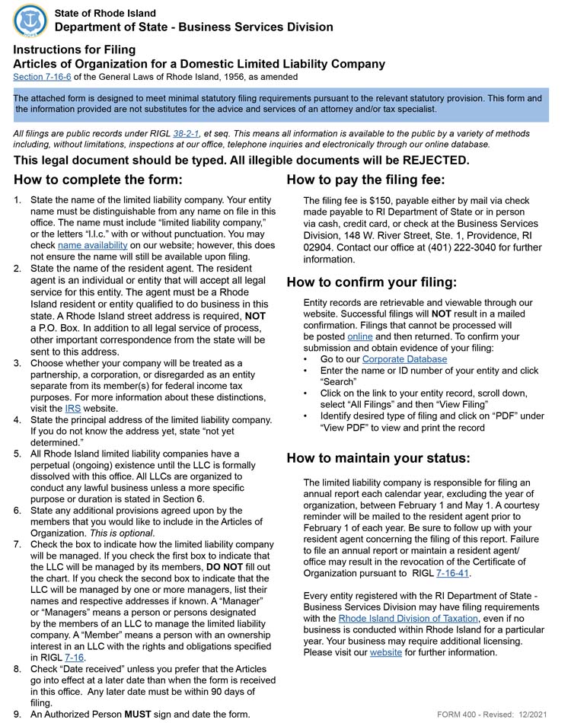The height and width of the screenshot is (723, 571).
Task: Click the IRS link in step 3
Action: point(73,409)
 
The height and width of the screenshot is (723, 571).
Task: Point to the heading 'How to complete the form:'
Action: point(98,180)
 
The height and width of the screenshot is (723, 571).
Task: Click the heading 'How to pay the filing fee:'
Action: point(365,180)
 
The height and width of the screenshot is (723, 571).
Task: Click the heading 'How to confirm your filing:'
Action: point(372,282)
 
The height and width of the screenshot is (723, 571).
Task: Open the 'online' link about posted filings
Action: point(360,336)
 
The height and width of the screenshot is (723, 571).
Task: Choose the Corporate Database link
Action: point(404,359)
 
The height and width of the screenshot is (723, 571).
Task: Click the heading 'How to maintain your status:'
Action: point(378,458)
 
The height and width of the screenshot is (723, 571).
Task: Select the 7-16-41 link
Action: point(452,573)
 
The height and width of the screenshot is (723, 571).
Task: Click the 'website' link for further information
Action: point(385,653)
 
